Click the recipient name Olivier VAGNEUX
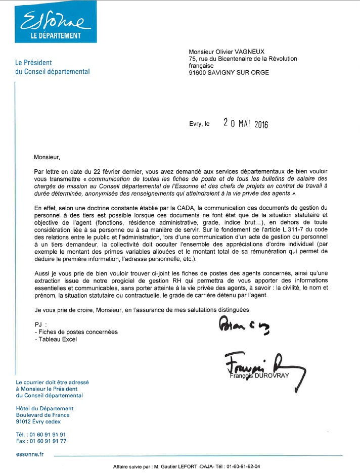coord(247,52)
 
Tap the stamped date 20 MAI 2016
coord(245,123)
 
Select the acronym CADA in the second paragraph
coord(160,208)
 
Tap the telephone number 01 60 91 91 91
coord(49,434)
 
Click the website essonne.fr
coord(30,454)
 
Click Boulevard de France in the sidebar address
coord(44,415)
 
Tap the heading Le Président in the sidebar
coord(34,63)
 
